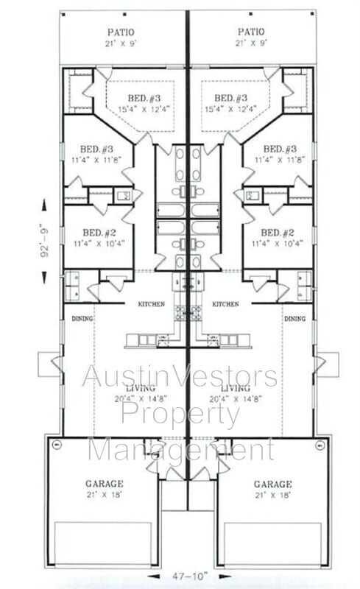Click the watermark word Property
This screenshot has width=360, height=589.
pos(180,415)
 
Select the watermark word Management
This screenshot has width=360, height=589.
pos(180,448)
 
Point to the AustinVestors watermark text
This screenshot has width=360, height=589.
pos(180,376)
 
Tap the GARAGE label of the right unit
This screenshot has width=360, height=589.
pos(272,484)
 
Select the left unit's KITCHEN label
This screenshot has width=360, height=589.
pos(152,304)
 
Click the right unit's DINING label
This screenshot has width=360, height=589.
pos(294,319)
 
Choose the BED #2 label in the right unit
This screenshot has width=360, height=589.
pos(278,232)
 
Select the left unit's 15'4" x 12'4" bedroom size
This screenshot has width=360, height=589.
pos(138,110)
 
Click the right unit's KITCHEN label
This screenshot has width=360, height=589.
pos(226,304)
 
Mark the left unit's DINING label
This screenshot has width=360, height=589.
pos(81,319)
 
